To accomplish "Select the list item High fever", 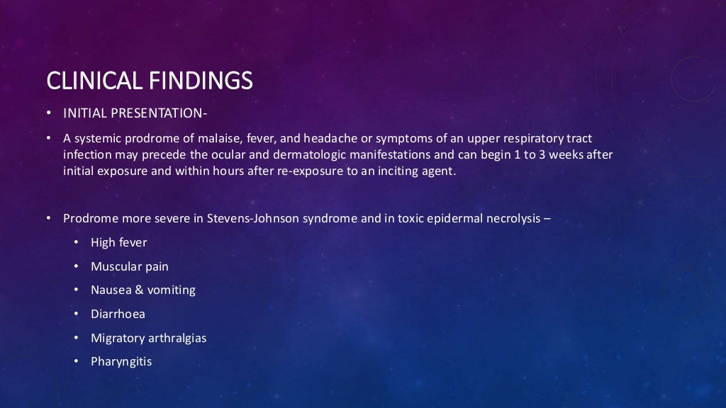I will pyautogui.click(x=118, y=242).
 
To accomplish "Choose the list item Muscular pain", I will pyautogui.click(x=129, y=266).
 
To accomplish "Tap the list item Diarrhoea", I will pyautogui.click(x=118, y=314).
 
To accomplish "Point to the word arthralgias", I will pyautogui.click(x=177, y=338).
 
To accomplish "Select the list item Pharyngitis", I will pyautogui.click(x=121, y=361).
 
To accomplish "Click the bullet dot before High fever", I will pyautogui.click(x=77, y=243).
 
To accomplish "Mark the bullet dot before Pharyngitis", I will pyautogui.click(x=77, y=362).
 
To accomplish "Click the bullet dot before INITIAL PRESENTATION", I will pyautogui.click(x=49, y=114).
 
